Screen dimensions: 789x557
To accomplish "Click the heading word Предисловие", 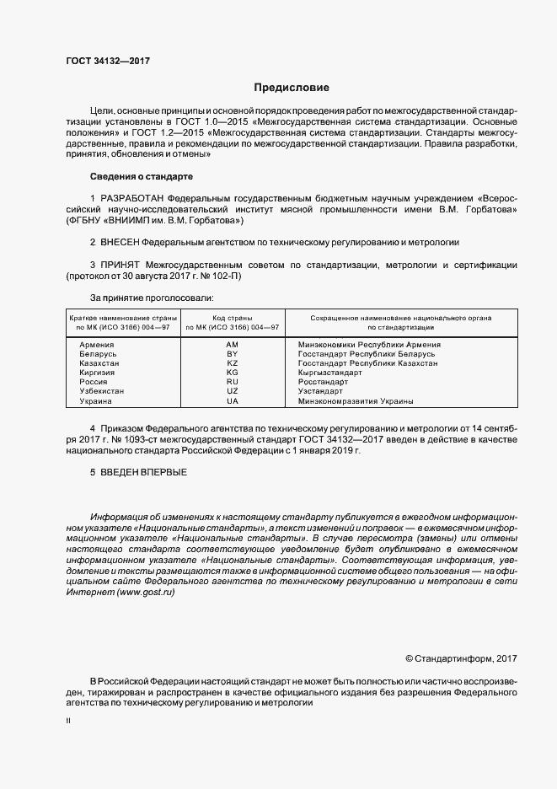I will pos(292,88).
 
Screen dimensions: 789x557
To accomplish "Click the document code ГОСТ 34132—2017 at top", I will pos(108,62).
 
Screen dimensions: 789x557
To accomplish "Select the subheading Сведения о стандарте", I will pos(142,177).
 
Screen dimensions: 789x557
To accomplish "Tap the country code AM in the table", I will pos(233,345).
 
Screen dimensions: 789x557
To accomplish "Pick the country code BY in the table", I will pos(233,354).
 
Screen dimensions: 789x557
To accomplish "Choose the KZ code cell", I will pos(233,363).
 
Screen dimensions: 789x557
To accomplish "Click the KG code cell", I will pos(233,373).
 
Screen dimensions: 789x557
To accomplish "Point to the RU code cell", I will pos(233,382).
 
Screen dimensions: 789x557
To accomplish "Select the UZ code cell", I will pos(233,392).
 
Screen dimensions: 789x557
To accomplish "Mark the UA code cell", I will pos(233,401).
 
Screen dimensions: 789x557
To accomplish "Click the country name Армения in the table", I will pos(97,345).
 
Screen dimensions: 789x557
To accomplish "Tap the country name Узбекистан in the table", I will pos(102,392).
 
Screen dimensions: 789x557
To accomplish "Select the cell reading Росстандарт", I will pos(324,382).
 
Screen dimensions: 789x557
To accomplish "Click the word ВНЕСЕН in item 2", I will pos(119,243).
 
